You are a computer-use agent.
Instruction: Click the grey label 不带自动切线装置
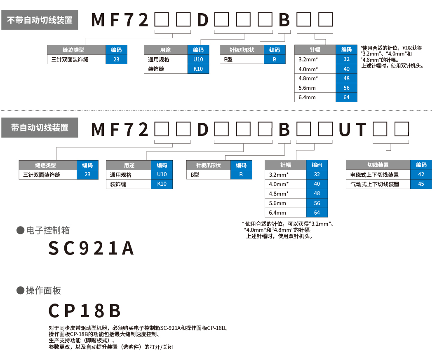pyautogui.click(x=40, y=20)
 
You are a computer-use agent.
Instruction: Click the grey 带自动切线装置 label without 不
pyautogui.click(x=40, y=129)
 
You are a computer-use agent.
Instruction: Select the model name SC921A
pyautogui.click(x=91, y=248)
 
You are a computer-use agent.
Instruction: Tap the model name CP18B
pyautogui.click(x=85, y=310)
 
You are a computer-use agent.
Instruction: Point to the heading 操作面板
pyautogui.click(x=43, y=290)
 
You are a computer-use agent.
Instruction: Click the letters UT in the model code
pyautogui.click(x=352, y=130)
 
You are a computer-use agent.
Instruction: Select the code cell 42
pyautogui.click(x=421, y=175)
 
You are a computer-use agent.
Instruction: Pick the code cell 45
pyautogui.click(x=421, y=184)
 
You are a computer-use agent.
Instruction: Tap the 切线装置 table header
pyautogui.click(x=378, y=165)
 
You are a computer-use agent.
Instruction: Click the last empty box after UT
pyautogui.click(x=402, y=129)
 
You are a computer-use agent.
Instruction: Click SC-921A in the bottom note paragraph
pyautogui.click(x=170, y=328)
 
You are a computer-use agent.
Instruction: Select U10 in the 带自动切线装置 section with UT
pyautogui.click(x=162, y=175)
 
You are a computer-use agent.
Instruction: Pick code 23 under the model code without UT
pyautogui.click(x=116, y=59)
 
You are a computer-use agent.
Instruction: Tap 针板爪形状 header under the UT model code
pyautogui.click(x=208, y=165)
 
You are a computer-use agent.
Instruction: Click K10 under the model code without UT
pyautogui.click(x=198, y=69)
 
